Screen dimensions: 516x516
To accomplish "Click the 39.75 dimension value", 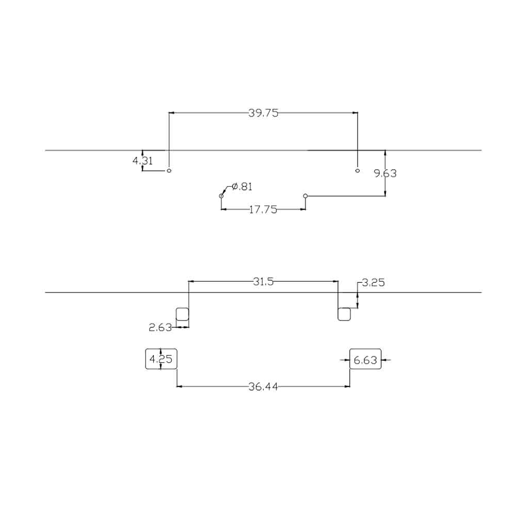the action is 263,113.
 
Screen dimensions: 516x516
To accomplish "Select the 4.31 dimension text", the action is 142,161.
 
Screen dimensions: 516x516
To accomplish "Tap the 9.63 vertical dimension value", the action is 385,173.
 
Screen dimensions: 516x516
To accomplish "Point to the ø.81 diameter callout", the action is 242,187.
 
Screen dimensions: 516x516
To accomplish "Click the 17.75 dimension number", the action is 263,209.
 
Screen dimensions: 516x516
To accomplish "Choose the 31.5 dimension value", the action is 263,281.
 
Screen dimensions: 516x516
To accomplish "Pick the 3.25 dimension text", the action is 373,282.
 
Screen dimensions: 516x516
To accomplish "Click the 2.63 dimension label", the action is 160,327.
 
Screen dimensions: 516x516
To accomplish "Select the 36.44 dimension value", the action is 263,386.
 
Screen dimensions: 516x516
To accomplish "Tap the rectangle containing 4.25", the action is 145,359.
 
